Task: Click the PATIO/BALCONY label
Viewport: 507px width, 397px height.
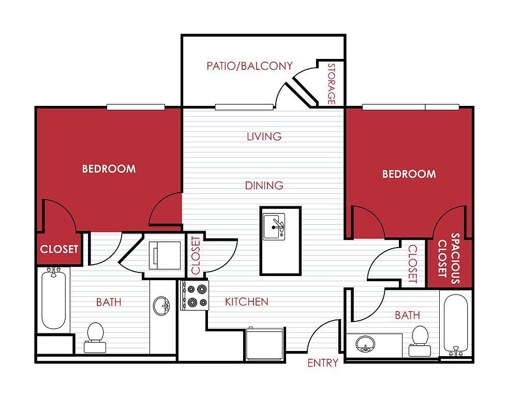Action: coord(249,66)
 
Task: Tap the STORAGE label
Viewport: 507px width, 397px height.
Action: coord(332,84)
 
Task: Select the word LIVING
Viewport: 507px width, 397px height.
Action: coord(264,136)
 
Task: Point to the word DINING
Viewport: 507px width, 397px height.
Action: coord(264,185)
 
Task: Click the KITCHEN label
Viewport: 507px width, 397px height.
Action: coord(246,301)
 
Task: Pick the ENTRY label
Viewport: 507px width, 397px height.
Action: coord(323,363)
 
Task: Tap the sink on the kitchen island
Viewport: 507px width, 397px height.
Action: coord(274,226)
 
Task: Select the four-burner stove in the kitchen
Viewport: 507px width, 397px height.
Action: coord(194,296)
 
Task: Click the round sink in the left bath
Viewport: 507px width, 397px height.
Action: coord(161,306)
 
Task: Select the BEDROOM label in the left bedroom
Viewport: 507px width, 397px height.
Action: coord(109,169)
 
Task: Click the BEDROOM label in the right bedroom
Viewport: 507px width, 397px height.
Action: coord(409,174)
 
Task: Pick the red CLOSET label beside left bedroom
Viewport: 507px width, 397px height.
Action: coord(59,249)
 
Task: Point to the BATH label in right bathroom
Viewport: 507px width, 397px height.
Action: coord(407,315)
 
